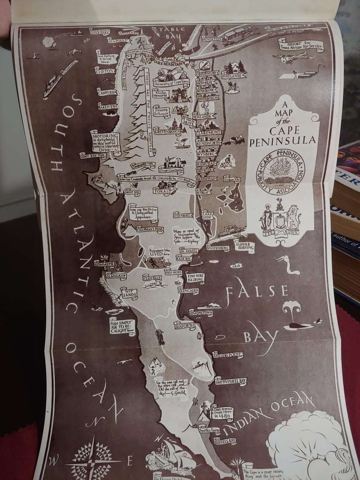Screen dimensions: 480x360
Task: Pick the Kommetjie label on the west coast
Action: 104,264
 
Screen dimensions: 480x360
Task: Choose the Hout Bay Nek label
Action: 90,156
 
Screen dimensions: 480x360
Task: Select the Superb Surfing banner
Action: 245,246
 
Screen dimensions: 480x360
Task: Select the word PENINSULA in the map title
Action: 283,141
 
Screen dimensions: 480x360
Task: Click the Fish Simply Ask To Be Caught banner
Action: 122,326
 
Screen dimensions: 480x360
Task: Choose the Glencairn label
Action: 189,290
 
